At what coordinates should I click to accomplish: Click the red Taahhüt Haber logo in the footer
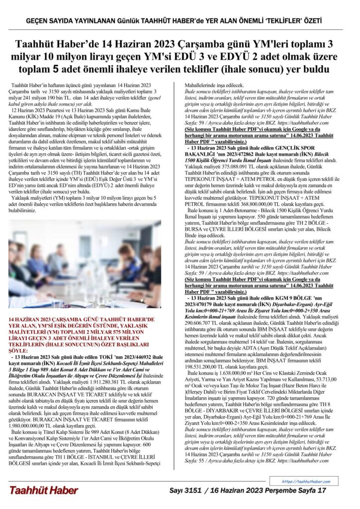(43, 490)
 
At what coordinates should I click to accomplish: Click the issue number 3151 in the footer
(191, 490)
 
